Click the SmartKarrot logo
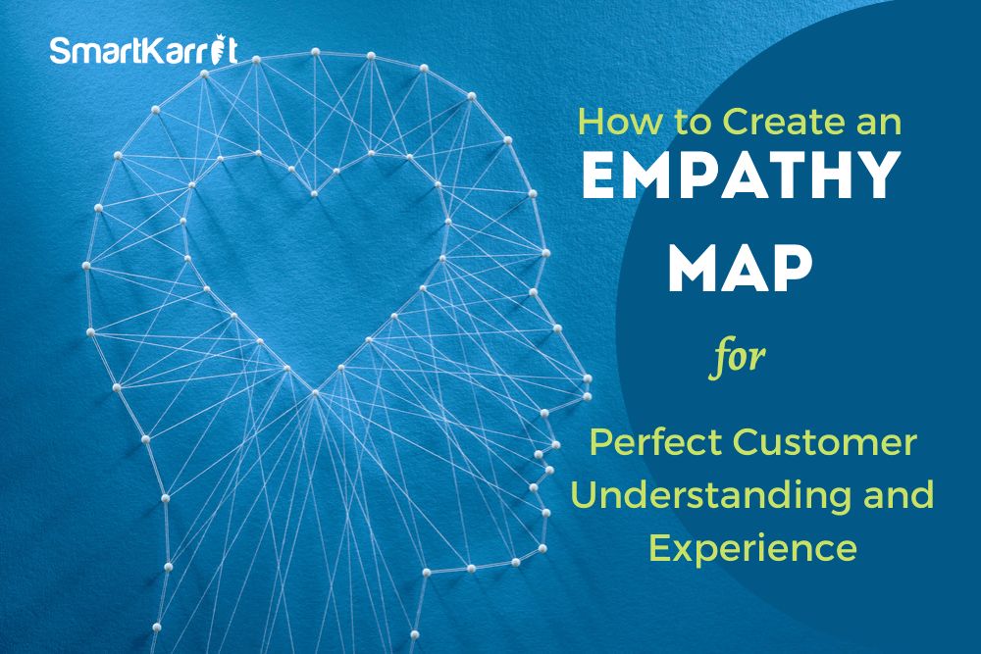point(143,50)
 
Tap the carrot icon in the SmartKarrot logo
point(218,49)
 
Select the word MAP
point(740,269)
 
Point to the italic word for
point(738,358)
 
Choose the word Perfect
point(655,441)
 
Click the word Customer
point(825,441)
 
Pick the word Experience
point(752,548)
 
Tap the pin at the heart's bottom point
point(315,392)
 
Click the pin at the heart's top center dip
point(314,194)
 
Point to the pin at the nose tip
point(587,378)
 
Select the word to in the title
point(691,123)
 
